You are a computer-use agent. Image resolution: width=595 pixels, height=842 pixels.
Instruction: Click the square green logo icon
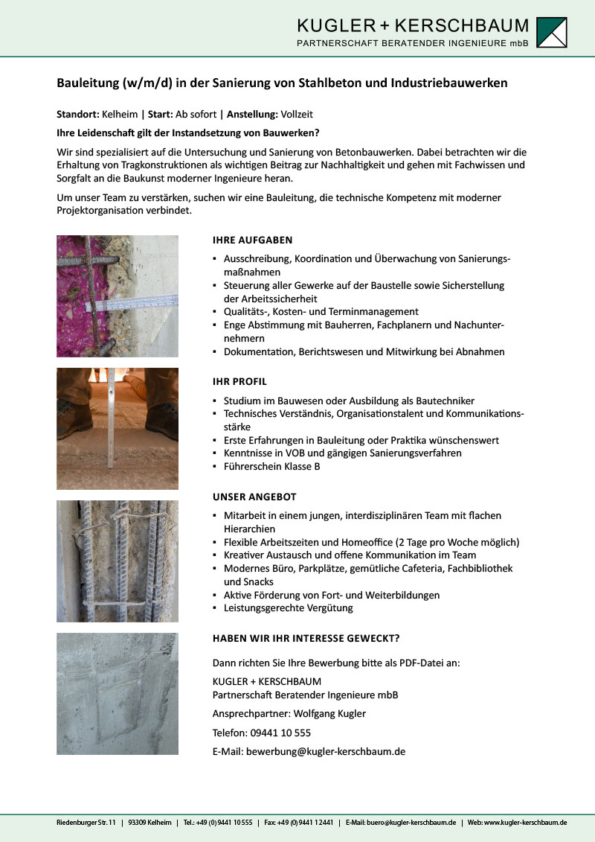coord(551,33)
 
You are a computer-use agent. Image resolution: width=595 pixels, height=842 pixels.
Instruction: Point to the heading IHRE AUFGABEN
coord(253,240)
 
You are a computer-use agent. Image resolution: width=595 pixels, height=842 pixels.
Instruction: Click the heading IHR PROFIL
coord(239,382)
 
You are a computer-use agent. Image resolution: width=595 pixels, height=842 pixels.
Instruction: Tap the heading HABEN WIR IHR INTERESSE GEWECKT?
coord(306,638)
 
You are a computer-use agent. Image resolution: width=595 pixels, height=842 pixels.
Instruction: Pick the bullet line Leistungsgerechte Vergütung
coord(288,608)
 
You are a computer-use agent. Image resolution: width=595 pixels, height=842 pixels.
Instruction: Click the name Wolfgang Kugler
coord(330,714)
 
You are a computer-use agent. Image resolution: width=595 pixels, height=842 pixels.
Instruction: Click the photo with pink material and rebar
coord(118,296)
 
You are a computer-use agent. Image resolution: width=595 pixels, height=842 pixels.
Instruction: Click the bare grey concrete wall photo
coord(118,694)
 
